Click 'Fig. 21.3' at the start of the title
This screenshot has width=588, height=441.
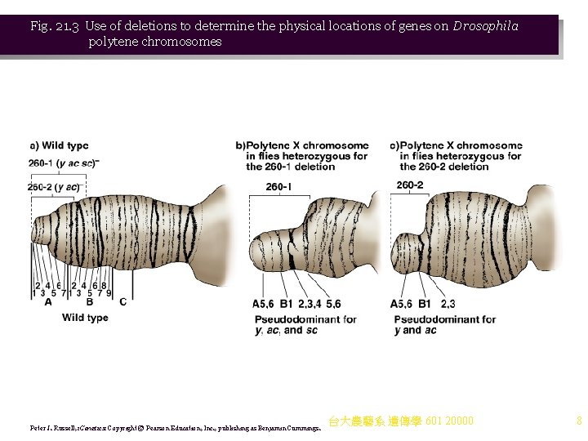tap(54, 26)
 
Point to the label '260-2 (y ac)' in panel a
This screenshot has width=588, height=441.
tap(54, 187)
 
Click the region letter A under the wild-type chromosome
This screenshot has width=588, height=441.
tap(48, 301)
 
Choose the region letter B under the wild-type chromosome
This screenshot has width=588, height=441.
tap(89, 301)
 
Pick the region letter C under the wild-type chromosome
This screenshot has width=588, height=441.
tap(122, 301)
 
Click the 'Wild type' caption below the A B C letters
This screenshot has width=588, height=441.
tap(85, 318)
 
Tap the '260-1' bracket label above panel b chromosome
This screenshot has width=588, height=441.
tap(278, 188)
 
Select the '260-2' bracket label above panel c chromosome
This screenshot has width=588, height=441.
tap(410, 186)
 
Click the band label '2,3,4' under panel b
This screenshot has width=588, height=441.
tap(310, 304)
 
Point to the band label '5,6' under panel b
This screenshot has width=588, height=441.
tap(333, 304)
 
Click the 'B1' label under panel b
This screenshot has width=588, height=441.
tap(286, 304)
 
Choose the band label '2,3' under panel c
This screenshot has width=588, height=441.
tap(448, 304)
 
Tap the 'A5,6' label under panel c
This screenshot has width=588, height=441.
tap(402, 304)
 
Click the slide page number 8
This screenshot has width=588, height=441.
tap(578, 421)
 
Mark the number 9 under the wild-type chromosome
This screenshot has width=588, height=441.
tap(109, 292)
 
